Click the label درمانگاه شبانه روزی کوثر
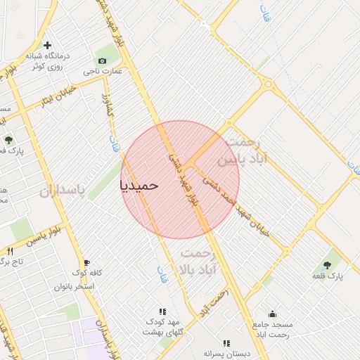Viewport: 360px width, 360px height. [x=46, y=60]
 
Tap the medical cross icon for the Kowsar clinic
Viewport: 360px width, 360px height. [x=47, y=46]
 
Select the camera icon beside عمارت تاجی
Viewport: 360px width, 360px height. [x=103, y=60]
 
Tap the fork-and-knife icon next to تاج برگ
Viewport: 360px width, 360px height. [x=10, y=251]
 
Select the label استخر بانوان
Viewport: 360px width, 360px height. [x=73, y=287]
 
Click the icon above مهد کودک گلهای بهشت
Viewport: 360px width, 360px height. [x=163, y=311]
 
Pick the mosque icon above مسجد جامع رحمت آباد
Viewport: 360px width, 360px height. [x=272, y=314]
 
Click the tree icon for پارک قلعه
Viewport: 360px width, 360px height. [x=327, y=265]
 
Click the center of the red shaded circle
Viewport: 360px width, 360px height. [x=180, y=180]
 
